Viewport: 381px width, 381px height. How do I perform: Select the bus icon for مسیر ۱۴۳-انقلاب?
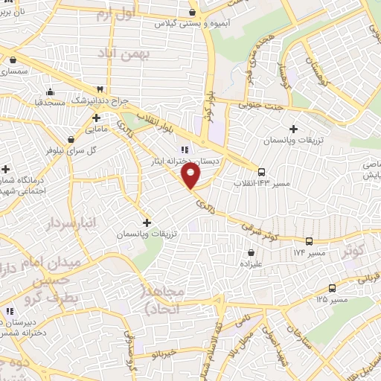[261, 172]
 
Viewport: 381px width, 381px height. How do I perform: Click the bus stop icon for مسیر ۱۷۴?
[309, 241]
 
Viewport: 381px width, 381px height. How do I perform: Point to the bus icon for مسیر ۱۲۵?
[332, 288]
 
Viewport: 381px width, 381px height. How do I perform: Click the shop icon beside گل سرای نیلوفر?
[71, 138]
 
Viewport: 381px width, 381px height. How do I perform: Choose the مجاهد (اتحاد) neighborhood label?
[169, 299]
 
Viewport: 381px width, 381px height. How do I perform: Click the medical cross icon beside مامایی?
[97, 118]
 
